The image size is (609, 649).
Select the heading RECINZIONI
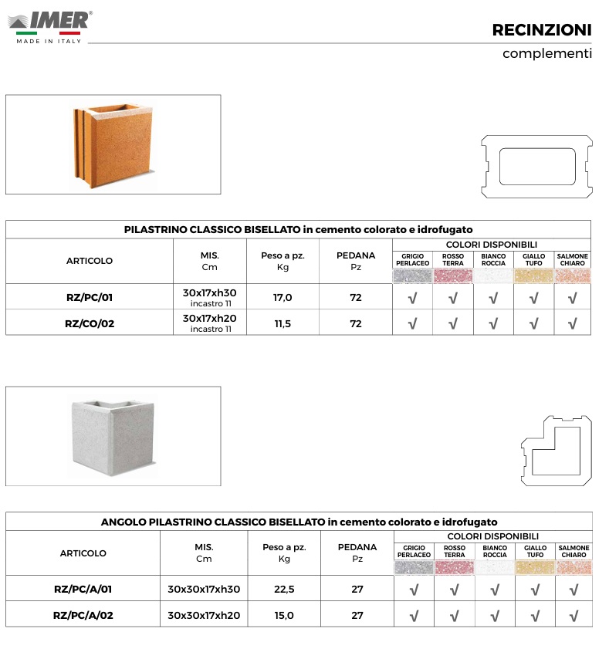[542, 30]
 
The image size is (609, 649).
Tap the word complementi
[546, 54]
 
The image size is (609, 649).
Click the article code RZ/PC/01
[90, 297]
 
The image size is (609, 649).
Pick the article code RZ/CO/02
[90, 324]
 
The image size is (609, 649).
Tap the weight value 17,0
[283, 297]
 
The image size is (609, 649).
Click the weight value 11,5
[283, 324]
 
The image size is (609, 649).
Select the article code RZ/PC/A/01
[83, 589]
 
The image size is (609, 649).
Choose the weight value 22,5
[284, 589]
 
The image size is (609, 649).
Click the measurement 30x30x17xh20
[204, 615]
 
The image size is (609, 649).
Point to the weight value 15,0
[284, 615]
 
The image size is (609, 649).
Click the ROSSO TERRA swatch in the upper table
[453, 276]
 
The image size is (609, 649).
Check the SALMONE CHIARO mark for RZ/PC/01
[573, 298]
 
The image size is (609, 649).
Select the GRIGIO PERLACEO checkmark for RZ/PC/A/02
[414, 616]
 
